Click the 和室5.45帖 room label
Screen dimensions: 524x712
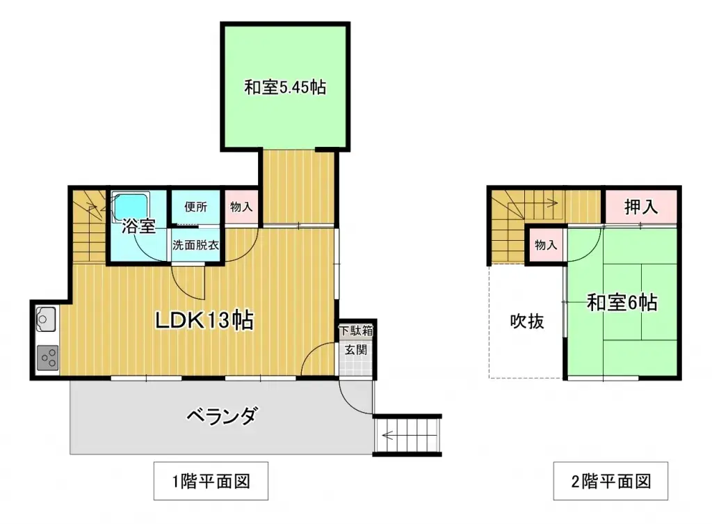tap(285, 88)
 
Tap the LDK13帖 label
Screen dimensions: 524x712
tap(203, 321)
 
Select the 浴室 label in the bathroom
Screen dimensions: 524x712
tap(138, 226)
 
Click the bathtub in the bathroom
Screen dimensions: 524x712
tap(130, 206)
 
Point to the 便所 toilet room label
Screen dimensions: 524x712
tap(195, 207)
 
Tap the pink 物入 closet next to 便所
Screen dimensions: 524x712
tap(241, 207)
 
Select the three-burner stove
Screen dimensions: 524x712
tap(48, 358)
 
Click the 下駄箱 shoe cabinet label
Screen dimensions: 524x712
tap(356, 331)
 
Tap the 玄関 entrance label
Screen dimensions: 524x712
tap(356, 351)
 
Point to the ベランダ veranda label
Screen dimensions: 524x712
tap(222, 417)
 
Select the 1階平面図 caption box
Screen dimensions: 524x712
tap(211, 481)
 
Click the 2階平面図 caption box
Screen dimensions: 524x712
tap(611, 481)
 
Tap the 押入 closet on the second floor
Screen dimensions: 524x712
tap(640, 207)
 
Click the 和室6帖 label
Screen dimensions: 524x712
tap(622, 303)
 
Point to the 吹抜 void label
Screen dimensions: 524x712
tap(527, 321)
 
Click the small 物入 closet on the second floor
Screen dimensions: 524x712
tap(546, 245)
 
